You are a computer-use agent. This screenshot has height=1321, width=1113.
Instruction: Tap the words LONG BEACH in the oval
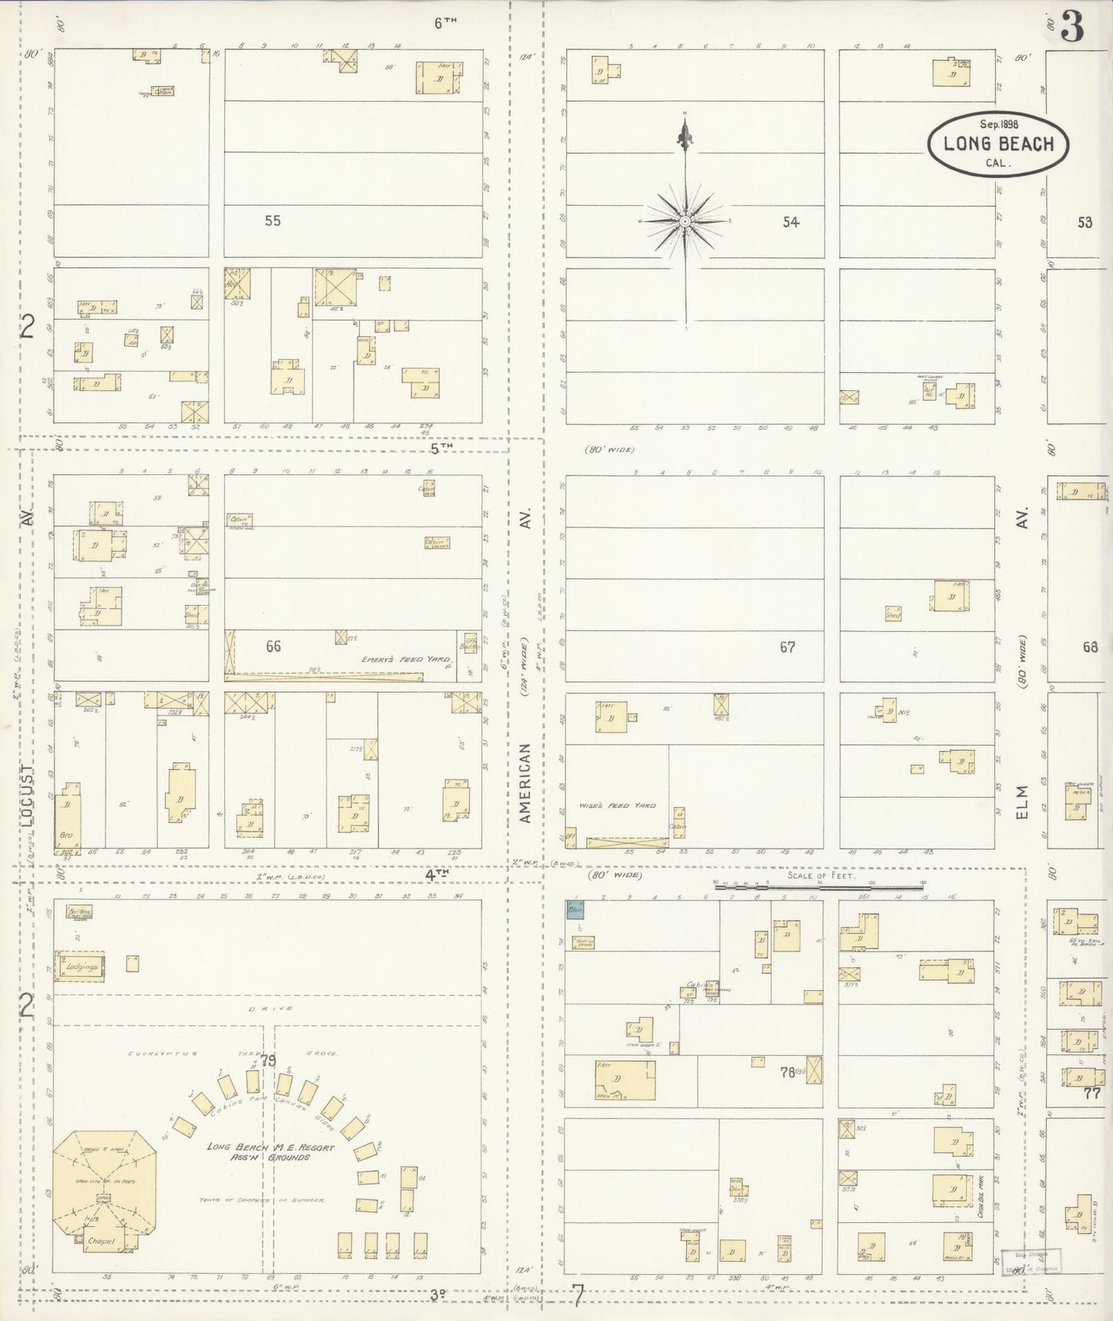point(998,144)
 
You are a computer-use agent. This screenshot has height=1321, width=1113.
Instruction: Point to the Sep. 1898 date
point(998,124)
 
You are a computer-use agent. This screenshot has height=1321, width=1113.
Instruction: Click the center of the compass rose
point(685,221)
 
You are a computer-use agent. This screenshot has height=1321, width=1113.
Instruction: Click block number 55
point(272,220)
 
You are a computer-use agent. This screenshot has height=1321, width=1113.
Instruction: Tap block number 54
point(790,222)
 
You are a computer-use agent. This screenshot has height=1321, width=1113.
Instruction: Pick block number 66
point(273,646)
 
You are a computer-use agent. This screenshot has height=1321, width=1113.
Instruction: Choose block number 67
point(786,647)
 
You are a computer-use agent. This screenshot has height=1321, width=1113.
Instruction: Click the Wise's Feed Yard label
point(618,805)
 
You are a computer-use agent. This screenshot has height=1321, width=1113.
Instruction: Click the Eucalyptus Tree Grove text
point(232,1052)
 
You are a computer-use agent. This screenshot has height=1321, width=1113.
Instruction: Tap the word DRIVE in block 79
point(267,1008)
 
